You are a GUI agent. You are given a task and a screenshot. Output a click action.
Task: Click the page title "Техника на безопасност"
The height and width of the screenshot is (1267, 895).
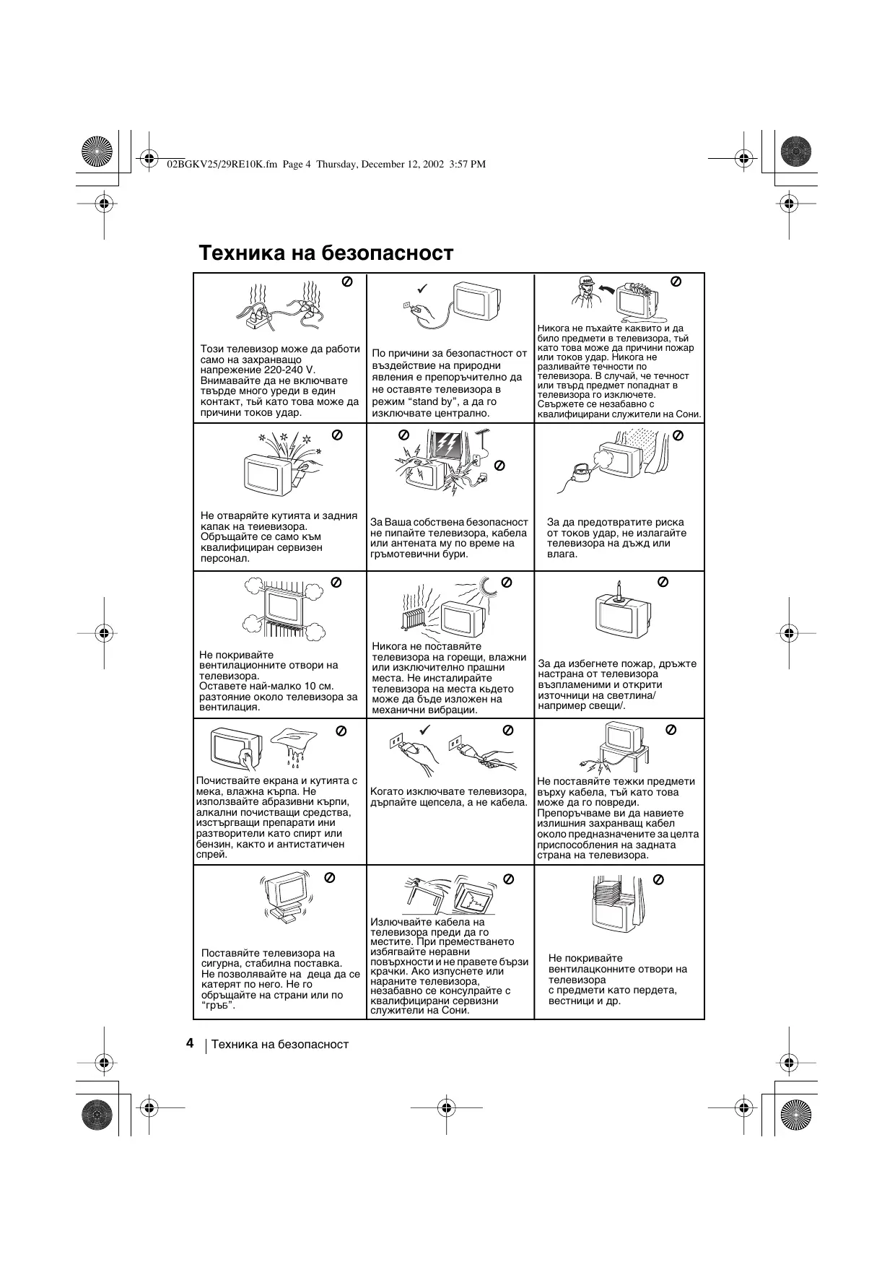[326, 253]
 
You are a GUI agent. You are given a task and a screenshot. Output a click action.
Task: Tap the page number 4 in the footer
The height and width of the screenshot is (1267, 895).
[189, 1043]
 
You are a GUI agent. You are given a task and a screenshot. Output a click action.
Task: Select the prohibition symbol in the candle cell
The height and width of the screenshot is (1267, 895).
[663, 581]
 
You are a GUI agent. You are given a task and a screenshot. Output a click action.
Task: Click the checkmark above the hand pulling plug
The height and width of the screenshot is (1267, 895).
[424, 730]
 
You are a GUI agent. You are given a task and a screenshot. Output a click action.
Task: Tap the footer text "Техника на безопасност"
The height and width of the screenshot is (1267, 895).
[279, 1044]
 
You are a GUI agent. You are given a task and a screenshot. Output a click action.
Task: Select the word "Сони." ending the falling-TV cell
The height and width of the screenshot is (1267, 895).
[455, 1010]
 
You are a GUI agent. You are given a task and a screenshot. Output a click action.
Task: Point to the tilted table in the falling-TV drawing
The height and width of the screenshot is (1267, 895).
[427, 889]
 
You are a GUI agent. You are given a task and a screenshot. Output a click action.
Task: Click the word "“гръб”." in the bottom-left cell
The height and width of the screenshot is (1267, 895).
[219, 1006]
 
